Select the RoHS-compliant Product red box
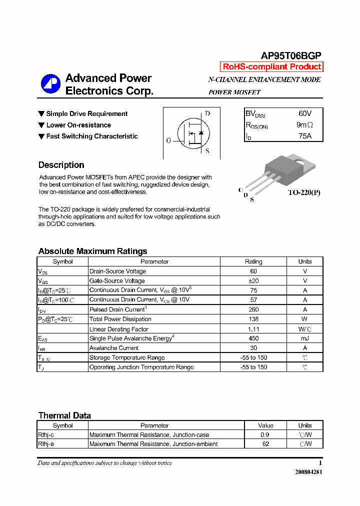pos(271,67)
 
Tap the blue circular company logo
pos(50,84)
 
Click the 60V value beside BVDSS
pos(304,113)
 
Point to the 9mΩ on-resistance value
pos(304,125)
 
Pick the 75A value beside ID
pos(304,136)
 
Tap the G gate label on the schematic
pos(168,140)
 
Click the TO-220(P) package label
pos(303,192)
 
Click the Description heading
pos(61,165)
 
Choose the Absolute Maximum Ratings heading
pos(92,251)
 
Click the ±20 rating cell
pos(253,280)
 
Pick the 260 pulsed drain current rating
pos(253,309)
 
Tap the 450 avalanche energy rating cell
pos(253,338)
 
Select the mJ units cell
pos(304,338)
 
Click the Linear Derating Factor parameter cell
pos(119,329)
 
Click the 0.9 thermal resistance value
pos(265,435)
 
